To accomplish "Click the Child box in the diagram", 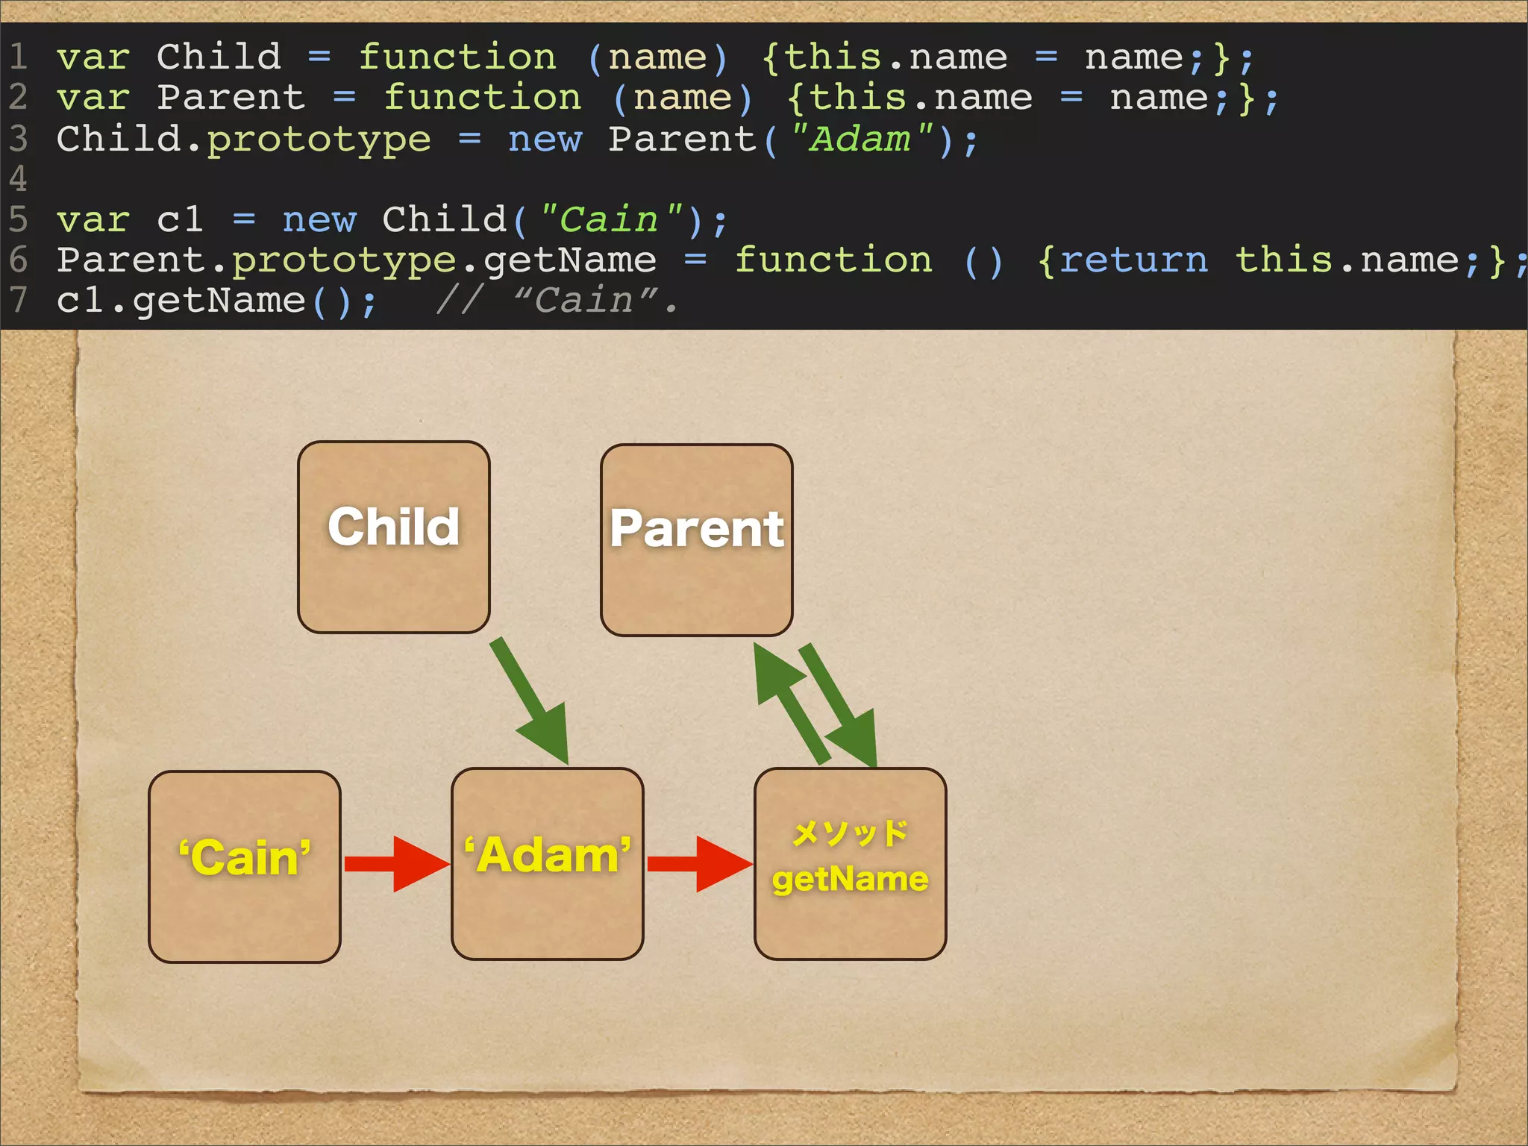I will click(x=393, y=537).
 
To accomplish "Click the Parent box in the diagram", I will click(x=696, y=540).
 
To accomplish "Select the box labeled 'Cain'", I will click(x=244, y=867).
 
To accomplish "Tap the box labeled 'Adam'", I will click(x=547, y=864).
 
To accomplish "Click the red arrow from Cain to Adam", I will click(x=395, y=864).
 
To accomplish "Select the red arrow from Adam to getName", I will click(x=698, y=864).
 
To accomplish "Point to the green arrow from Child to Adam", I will click(x=531, y=701).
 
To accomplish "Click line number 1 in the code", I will click(x=18, y=57).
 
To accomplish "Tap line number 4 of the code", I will click(x=18, y=179).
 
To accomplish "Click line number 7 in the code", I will click(x=18, y=300).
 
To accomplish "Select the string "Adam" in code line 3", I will click(x=861, y=140).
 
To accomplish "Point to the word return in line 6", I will click(x=1133, y=260).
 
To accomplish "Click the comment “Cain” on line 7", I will click(x=586, y=301).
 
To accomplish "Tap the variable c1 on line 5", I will click(x=180, y=220).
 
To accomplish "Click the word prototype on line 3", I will click(x=319, y=140).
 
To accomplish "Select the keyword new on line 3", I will click(x=545, y=140).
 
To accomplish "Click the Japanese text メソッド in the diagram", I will click(x=850, y=833).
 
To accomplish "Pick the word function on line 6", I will click(x=833, y=260).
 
